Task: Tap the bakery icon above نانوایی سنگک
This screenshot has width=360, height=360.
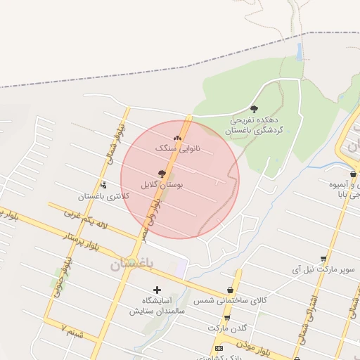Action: coord(177,138)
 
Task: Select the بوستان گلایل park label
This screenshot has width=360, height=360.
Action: coord(162,184)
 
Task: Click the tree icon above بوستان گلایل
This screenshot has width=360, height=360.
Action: coord(162,173)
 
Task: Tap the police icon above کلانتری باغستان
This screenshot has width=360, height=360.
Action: coord(104,186)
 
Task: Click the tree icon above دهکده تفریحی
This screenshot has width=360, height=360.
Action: coord(254,109)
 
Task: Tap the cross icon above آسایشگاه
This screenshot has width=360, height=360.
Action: coord(157,290)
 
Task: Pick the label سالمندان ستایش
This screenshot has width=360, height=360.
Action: coord(156,310)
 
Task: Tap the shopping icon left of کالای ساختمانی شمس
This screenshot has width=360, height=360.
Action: coord(230,290)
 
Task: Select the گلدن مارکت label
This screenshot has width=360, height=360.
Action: coord(227,328)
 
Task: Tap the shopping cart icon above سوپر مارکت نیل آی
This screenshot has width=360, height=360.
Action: coord(323,259)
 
